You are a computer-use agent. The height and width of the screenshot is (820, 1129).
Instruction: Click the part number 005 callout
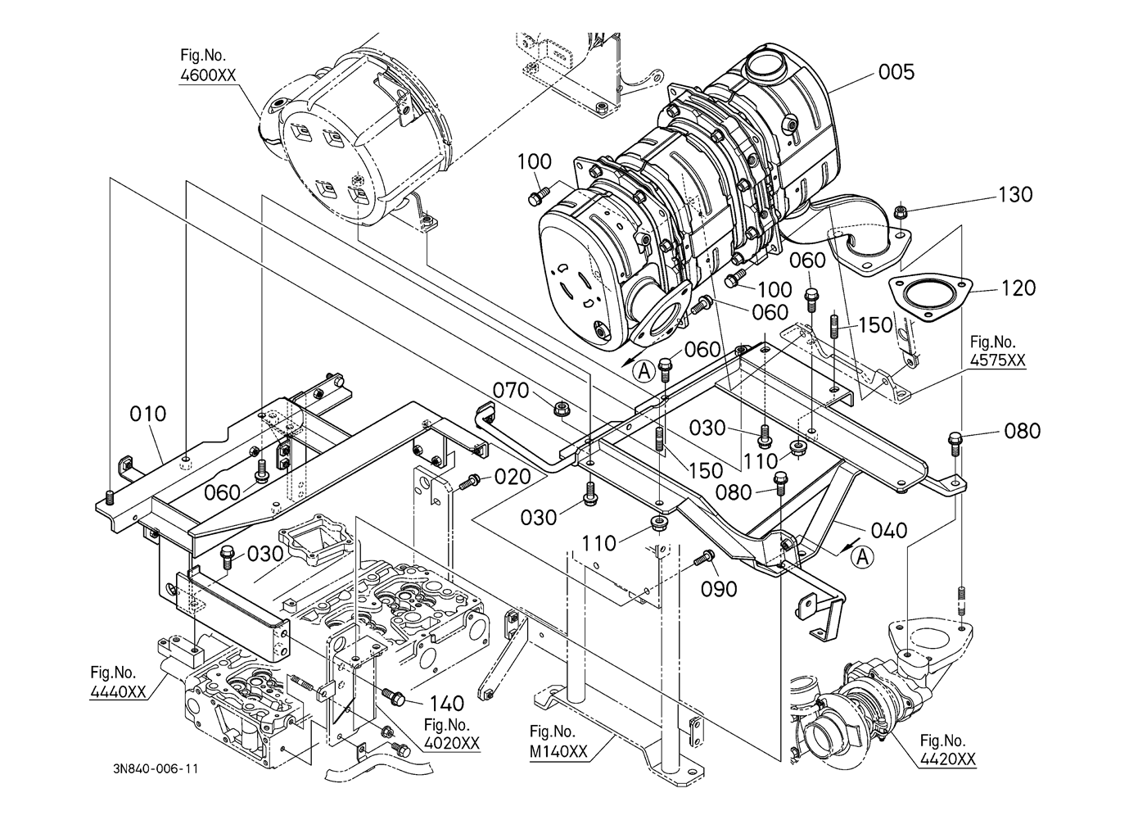coord(896,72)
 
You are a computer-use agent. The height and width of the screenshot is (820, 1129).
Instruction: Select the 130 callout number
coord(1015,195)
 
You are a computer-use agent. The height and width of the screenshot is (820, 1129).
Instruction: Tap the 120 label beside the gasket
coord(1018,288)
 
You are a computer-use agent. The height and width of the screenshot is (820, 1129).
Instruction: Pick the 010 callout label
coord(147,414)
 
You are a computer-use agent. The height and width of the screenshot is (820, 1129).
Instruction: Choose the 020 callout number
coord(513,477)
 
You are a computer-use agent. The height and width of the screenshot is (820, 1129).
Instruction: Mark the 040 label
coord(889,531)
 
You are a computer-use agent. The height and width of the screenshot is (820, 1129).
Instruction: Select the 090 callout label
coord(719,589)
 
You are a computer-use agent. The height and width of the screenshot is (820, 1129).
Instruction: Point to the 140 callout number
coord(446,704)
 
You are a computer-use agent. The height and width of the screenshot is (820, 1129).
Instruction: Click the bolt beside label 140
coord(396,696)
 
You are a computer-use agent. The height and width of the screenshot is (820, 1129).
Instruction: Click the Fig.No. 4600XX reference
coord(208,66)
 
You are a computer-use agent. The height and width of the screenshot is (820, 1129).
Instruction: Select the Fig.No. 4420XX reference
coord(947,750)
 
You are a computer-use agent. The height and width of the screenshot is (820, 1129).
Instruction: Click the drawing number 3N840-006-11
coord(156,769)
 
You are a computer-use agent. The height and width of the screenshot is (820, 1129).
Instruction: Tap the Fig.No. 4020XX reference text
coord(451,734)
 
